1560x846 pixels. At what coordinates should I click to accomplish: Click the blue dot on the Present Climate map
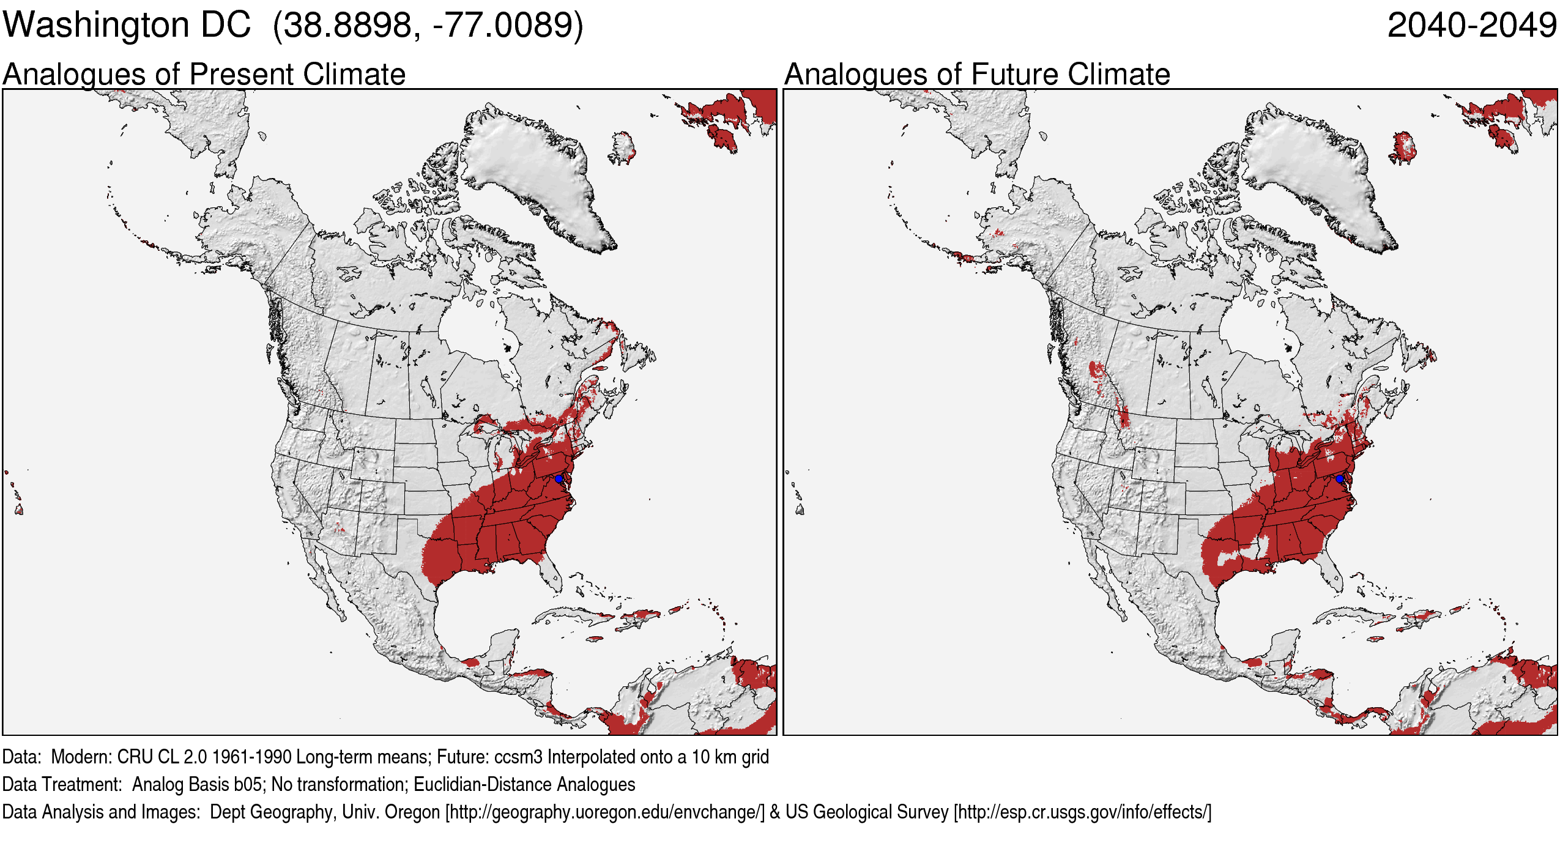pyautogui.click(x=559, y=478)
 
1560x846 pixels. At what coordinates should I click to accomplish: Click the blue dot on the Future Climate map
pyautogui.click(x=1340, y=478)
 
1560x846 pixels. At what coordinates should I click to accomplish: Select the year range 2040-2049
pyautogui.click(x=1471, y=26)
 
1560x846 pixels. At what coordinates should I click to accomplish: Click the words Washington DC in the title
pyautogui.click(x=127, y=26)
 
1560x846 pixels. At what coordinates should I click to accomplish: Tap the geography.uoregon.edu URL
pyautogui.click(x=604, y=812)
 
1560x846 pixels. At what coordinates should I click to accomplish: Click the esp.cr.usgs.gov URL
pyautogui.click(x=1082, y=812)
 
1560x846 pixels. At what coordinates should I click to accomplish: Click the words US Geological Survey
pyautogui.click(x=866, y=812)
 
